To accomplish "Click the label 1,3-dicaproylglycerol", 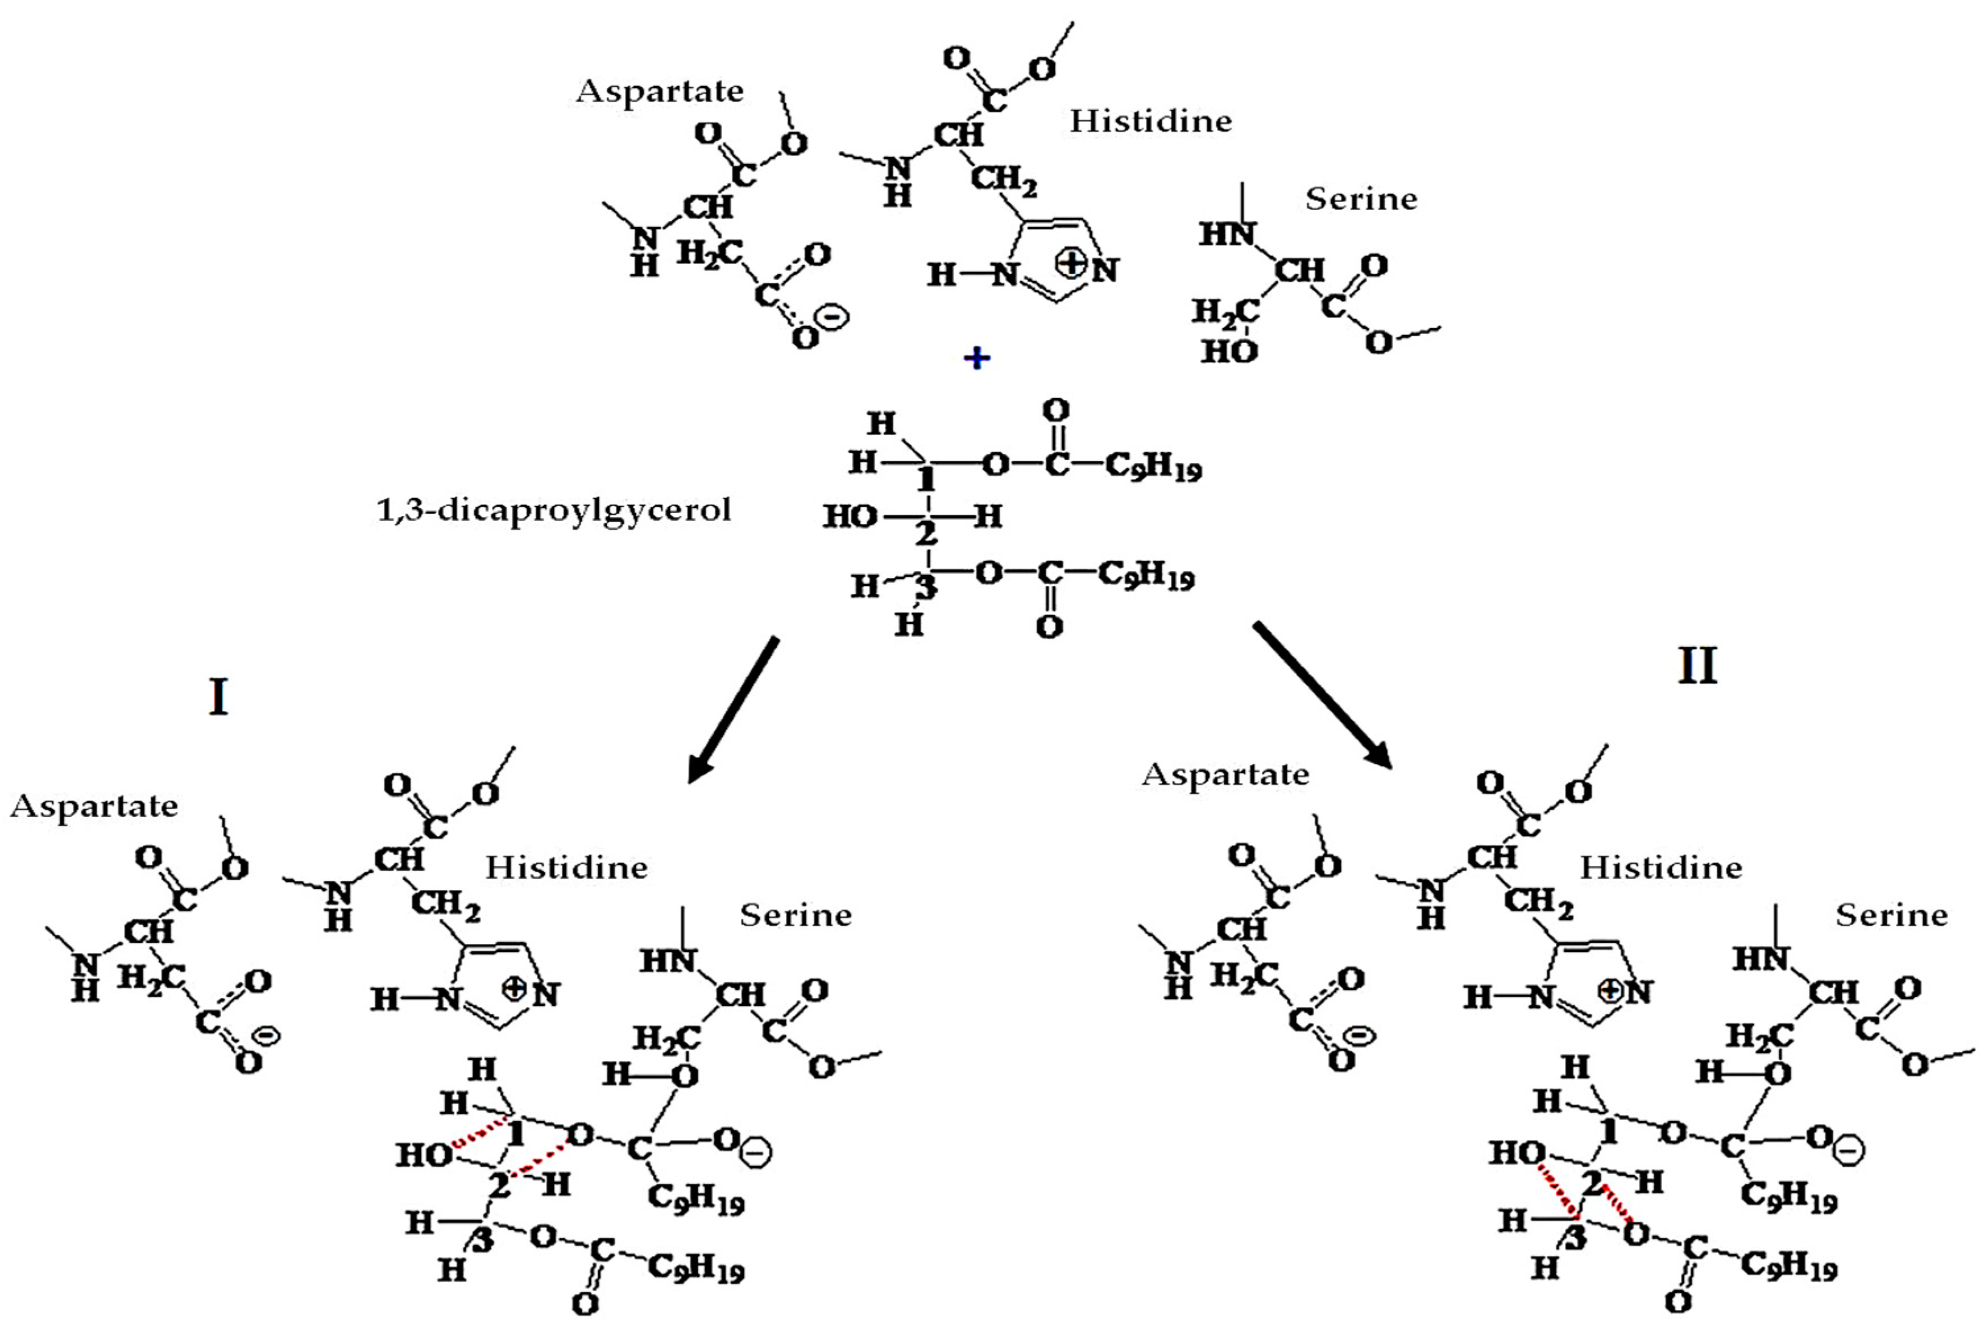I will [554, 511].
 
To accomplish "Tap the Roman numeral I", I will [218, 697].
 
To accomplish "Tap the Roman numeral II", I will [1697, 665].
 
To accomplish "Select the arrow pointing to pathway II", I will [1323, 694].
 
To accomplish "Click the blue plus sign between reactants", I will [977, 358].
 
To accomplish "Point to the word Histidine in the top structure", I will [1150, 121].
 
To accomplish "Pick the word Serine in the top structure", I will [1361, 199].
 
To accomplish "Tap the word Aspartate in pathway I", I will [95, 805].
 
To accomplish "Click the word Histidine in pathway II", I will [1661, 868].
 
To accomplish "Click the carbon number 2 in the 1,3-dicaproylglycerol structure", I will [925, 534].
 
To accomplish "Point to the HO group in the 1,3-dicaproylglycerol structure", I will [850, 516].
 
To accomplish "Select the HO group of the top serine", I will [1229, 351].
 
